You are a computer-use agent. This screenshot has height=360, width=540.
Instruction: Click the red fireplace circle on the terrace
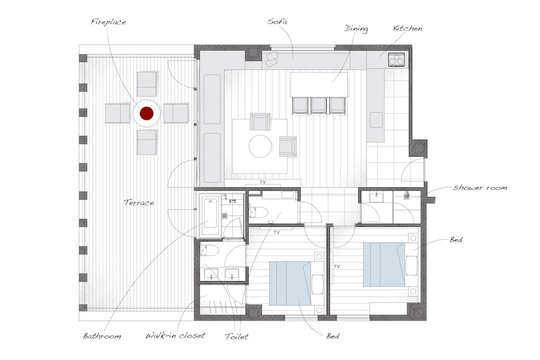click(x=146, y=113)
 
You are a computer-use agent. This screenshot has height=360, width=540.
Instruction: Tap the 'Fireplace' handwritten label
click(x=109, y=22)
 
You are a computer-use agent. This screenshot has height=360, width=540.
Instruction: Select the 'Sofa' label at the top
click(x=278, y=22)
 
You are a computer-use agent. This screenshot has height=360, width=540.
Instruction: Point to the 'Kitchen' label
click(x=408, y=28)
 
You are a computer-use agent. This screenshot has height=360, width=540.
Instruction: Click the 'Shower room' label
click(x=480, y=188)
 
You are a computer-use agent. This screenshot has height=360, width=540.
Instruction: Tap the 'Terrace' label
click(x=139, y=202)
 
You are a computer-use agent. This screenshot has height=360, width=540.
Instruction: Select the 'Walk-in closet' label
click(x=175, y=335)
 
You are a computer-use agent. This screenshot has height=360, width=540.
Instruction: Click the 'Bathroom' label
click(x=102, y=336)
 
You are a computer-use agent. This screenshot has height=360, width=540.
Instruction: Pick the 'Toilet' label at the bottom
click(x=237, y=336)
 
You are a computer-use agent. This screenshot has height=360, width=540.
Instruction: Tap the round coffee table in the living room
click(x=260, y=146)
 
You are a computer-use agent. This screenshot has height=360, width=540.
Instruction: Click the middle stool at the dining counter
click(x=318, y=106)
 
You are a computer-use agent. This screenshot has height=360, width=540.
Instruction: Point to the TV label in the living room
click(x=263, y=182)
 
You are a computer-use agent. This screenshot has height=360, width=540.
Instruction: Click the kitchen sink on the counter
click(x=376, y=120)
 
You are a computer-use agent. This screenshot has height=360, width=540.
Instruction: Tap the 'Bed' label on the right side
click(x=456, y=240)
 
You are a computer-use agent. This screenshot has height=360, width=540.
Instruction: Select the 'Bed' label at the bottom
click(x=333, y=336)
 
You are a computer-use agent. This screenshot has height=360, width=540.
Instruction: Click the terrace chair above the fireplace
click(x=147, y=84)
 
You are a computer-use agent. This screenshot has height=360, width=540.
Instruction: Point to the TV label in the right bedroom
click(x=337, y=267)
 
